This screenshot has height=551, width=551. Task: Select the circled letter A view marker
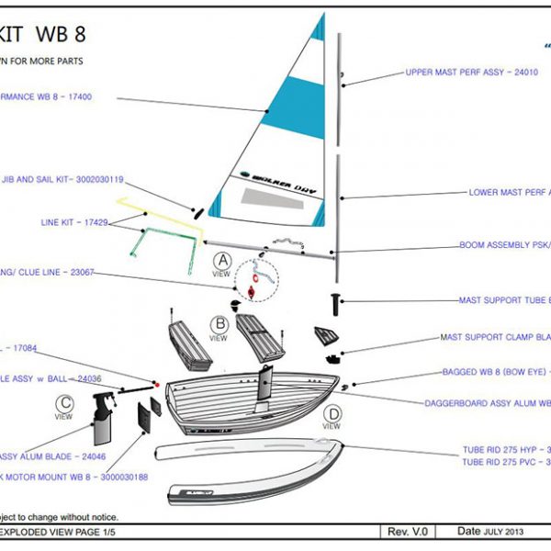point(221,261)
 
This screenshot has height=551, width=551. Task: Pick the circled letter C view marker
point(63,403)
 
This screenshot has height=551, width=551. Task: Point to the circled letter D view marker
point(332,414)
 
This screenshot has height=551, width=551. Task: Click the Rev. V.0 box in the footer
point(410,532)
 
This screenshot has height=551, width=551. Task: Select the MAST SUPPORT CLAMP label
point(495,337)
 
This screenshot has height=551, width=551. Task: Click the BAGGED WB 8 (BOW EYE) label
point(490,371)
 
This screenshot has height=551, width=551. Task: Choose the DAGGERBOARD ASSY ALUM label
point(487,402)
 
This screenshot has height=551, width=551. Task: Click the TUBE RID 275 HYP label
point(505,450)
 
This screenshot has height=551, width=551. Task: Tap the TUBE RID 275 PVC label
point(505,462)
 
